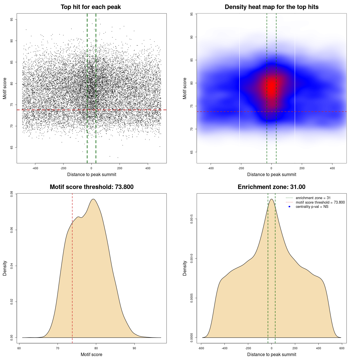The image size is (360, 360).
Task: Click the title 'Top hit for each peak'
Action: pyautogui.click(x=91, y=7)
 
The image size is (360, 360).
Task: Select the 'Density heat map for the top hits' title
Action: pyautogui.click(x=271, y=7)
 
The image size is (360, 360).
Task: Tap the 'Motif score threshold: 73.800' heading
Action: pyautogui.click(x=91, y=187)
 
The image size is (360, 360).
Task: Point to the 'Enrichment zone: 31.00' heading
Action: pyautogui.click(x=271, y=187)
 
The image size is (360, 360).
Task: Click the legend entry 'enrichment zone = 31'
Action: pyautogui.click(x=313, y=198)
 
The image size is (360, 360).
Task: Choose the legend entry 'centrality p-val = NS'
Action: pyautogui.click(x=312, y=207)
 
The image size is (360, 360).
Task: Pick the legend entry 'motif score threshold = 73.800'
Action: pyautogui.click(x=320, y=202)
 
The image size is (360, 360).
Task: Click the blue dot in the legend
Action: pyautogui.click(x=289, y=207)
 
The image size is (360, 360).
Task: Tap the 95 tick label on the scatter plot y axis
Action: pyautogui.click(x=12, y=19)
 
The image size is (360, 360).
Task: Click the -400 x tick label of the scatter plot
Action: pyautogui.click(x=35, y=168)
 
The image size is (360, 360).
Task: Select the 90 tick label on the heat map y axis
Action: pyautogui.click(x=192, y=37)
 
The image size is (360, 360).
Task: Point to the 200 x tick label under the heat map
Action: pyautogui.click(x=302, y=168)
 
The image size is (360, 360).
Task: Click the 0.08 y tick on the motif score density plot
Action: pyautogui.click(x=12, y=194)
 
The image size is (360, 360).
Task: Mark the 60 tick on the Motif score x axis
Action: pyautogui.click(x=19, y=348)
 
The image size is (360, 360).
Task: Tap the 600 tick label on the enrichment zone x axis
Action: pyautogui.click(x=342, y=348)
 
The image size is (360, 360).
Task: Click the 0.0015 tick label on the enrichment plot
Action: pyautogui.click(x=192, y=219)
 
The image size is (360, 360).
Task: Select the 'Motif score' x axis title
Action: pyautogui.click(x=91, y=354)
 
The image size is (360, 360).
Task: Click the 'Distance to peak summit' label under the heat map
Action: pyautogui.click(x=271, y=174)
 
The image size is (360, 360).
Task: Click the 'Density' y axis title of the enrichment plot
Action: pyautogui.click(x=185, y=268)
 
